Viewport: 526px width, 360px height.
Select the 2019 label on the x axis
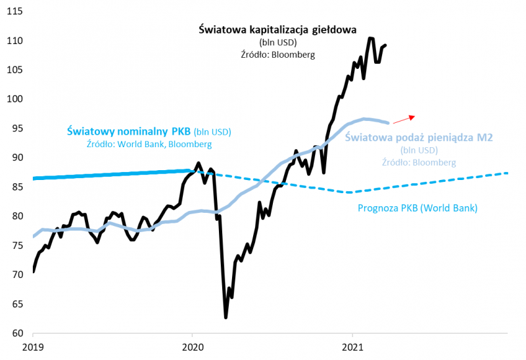(33, 346)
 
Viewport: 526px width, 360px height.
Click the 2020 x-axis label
(193, 346)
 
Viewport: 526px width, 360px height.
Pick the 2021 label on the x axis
(353, 346)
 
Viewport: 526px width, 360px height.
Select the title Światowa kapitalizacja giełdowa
(277, 30)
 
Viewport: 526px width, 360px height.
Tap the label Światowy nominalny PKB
(130, 131)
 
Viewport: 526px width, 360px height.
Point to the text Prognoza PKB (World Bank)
(418, 208)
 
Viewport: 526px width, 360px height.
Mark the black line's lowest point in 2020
(226, 317)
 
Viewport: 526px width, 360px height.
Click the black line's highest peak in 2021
(370, 38)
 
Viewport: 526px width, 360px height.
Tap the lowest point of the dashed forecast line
(350, 192)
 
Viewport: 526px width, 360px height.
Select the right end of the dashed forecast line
(508, 173)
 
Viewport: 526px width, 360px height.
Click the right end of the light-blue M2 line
(389, 122)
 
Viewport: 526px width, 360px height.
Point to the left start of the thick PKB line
(34, 178)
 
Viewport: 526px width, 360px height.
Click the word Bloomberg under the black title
(293, 55)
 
